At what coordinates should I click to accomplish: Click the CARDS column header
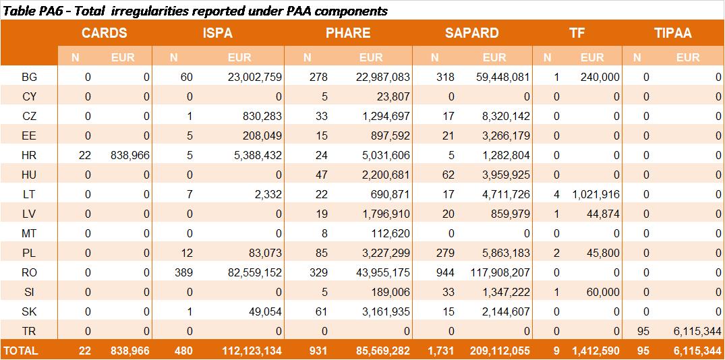[104, 33]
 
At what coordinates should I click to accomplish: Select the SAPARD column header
[471, 33]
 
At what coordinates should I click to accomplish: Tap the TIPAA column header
[673, 33]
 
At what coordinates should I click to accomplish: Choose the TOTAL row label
[21, 351]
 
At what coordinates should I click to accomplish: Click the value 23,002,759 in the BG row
[255, 78]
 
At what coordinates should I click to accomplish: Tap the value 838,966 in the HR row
[129, 156]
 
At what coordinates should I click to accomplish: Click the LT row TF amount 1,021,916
[596, 195]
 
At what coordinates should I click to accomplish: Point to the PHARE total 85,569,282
[383, 351]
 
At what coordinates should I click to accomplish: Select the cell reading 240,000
[600, 78]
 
